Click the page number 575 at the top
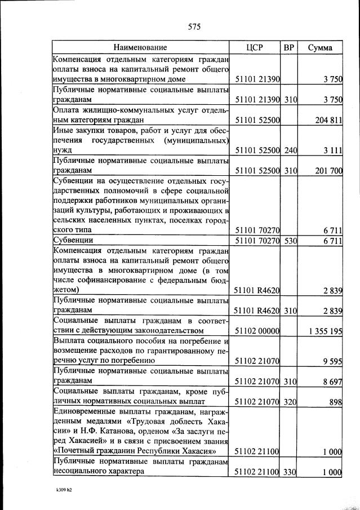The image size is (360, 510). pyautogui.click(x=194, y=26)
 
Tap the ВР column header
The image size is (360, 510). pyautogui.click(x=289, y=47)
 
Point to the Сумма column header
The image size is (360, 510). pyautogui.click(x=320, y=47)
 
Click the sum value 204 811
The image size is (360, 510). pyautogui.click(x=326, y=119)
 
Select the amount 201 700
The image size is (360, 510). pyautogui.click(x=326, y=171)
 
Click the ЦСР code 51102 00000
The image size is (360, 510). pyautogui.click(x=257, y=331)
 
